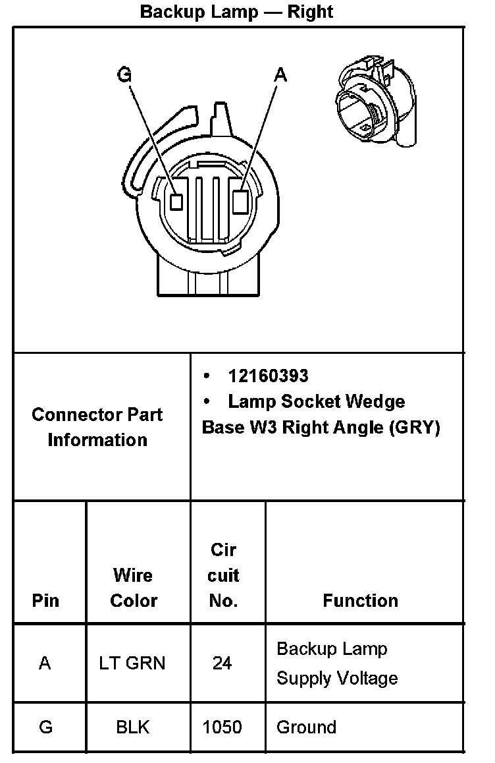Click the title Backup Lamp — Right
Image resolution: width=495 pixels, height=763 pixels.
(236, 12)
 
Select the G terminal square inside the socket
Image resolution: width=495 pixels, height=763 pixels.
(176, 202)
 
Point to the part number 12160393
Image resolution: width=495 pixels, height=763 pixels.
(268, 376)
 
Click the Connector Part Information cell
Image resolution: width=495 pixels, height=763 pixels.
(97, 427)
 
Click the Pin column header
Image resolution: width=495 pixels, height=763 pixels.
(45, 600)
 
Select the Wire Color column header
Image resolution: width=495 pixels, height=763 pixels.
(134, 588)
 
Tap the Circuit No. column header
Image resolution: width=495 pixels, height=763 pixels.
(222, 575)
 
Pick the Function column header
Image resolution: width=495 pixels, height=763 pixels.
(360, 600)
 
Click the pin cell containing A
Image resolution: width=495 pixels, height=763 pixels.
(45, 663)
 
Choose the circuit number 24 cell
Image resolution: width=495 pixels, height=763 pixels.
(222, 663)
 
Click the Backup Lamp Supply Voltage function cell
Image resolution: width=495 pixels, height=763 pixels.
(337, 663)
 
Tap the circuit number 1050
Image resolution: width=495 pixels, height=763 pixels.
(222, 727)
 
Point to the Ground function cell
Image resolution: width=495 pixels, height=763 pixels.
(306, 727)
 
